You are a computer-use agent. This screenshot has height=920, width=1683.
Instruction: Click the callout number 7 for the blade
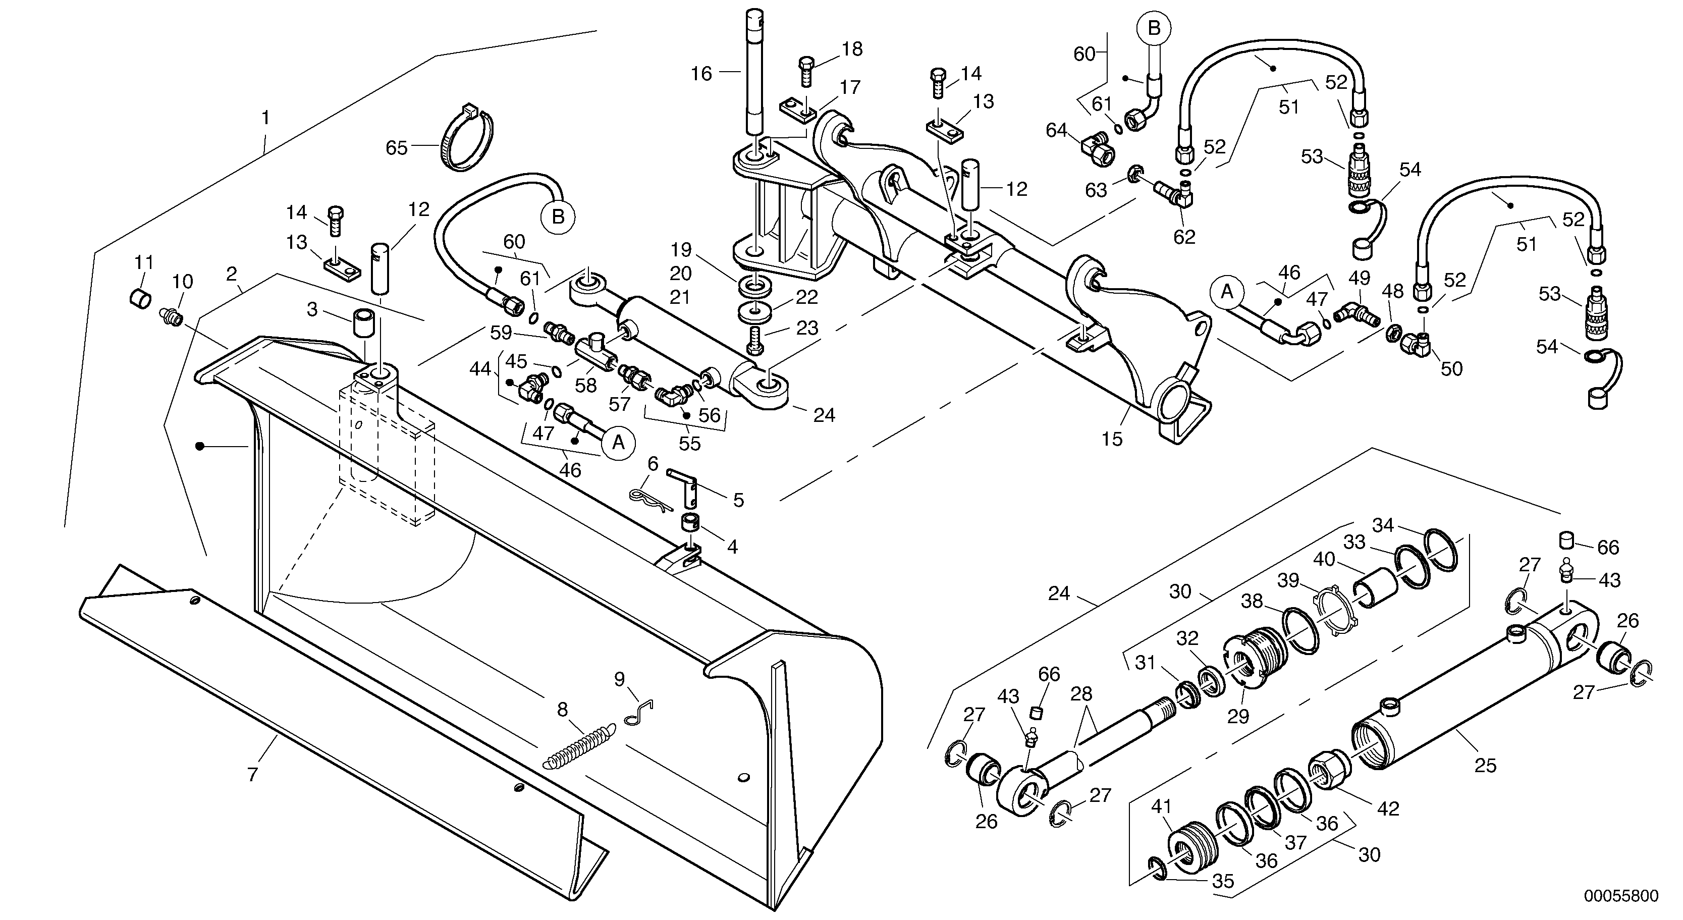(x=252, y=775)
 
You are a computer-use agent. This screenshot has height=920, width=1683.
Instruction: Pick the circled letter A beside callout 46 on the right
(x=1227, y=292)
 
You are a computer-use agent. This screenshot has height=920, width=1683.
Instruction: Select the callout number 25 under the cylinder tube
(x=1485, y=765)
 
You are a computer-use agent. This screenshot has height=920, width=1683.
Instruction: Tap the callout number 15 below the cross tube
(x=1111, y=439)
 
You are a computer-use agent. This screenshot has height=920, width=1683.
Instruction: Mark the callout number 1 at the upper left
(x=265, y=118)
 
